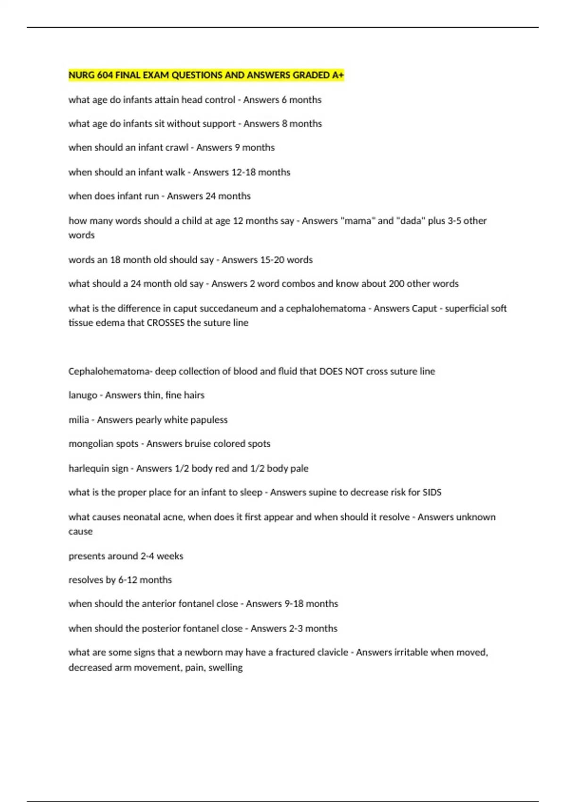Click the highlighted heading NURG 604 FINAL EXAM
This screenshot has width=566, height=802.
point(206,75)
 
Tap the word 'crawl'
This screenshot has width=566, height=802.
point(177,148)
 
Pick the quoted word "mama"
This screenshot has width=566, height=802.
point(358,221)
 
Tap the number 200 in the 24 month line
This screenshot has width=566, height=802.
point(396,284)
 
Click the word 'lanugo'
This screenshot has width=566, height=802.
point(83,395)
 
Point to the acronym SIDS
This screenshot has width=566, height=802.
point(432,493)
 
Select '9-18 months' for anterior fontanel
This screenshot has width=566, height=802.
point(311,604)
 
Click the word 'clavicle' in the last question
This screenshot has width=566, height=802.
point(331,652)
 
